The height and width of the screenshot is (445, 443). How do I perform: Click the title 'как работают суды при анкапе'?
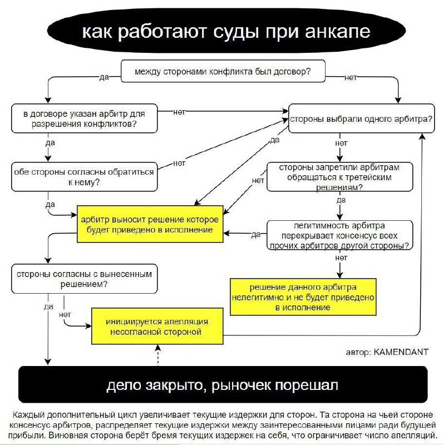pyautogui.click(x=225, y=31)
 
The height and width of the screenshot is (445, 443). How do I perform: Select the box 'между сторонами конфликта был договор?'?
pyautogui.click(x=223, y=72)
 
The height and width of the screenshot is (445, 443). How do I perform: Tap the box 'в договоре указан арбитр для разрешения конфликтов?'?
pyautogui.click(x=84, y=118)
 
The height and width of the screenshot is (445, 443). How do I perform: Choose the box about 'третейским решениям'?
pyautogui.click(x=339, y=177)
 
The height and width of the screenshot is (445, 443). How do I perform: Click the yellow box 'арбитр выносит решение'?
pyautogui.click(x=150, y=224)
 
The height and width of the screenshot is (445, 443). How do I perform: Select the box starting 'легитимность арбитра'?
pyautogui.click(x=339, y=235)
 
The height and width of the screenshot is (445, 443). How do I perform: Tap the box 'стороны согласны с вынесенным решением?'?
pyautogui.click(x=84, y=279)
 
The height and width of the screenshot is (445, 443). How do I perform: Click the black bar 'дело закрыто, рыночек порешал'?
pyautogui.click(x=223, y=384)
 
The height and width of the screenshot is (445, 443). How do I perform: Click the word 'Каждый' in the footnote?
pyautogui.click(x=28, y=415)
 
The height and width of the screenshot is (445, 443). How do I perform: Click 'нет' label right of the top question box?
pyautogui.click(x=351, y=77)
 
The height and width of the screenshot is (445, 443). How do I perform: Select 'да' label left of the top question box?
pyautogui.click(x=104, y=77)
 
